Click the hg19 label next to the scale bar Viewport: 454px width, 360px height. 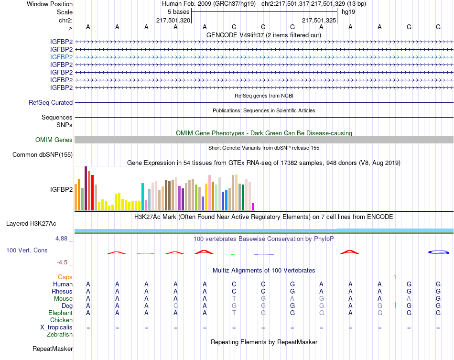[x=347, y=11]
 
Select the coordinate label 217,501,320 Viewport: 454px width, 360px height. [x=173, y=20]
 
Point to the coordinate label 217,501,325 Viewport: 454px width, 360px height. [x=319, y=20]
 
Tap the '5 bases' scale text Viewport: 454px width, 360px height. [x=179, y=11]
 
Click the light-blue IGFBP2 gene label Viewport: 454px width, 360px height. [x=61, y=57]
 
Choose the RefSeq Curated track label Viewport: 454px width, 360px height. [x=51, y=102]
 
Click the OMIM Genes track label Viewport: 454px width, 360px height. [x=54, y=140]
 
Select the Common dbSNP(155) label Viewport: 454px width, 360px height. [x=43, y=154]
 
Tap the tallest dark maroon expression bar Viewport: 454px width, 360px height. [x=86, y=188]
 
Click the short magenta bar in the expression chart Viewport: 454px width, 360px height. [x=253, y=207]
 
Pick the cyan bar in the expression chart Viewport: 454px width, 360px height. [x=142, y=196]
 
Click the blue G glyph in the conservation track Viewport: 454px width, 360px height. [x=438, y=252]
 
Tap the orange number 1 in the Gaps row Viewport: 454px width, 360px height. [x=395, y=277]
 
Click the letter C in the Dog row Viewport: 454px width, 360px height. [x=175, y=305]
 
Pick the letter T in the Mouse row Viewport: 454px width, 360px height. [x=234, y=298]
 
